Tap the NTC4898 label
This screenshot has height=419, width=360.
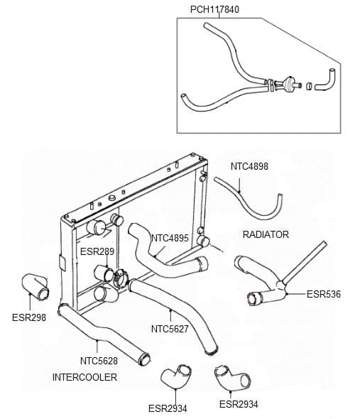click(x=249, y=167)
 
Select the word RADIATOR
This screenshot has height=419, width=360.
click(x=266, y=234)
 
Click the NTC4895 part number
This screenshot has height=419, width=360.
click(x=170, y=238)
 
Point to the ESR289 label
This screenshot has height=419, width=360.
click(x=97, y=251)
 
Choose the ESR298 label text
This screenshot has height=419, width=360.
click(x=29, y=317)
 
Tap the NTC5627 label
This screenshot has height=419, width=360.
click(x=169, y=329)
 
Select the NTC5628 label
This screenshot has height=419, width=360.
click(x=99, y=361)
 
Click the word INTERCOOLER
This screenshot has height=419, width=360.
click(x=84, y=377)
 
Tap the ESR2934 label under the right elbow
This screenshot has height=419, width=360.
click(x=239, y=404)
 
